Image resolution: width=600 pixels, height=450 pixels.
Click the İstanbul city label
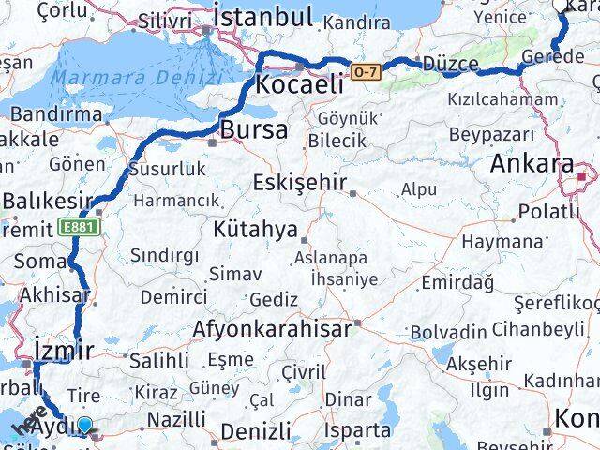tap(262, 16)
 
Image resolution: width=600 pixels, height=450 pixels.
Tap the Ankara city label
tap(532, 163)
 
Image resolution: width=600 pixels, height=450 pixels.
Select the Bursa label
tap(254, 129)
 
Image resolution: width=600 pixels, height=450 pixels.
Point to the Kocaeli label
tap(298, 84)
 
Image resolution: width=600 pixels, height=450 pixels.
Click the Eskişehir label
tap(300, 182)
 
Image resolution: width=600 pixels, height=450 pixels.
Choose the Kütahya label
tap(255, 229)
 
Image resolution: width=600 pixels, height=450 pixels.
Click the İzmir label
tap(63, 352)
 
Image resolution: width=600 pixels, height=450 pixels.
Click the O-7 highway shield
tap(366, 71)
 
